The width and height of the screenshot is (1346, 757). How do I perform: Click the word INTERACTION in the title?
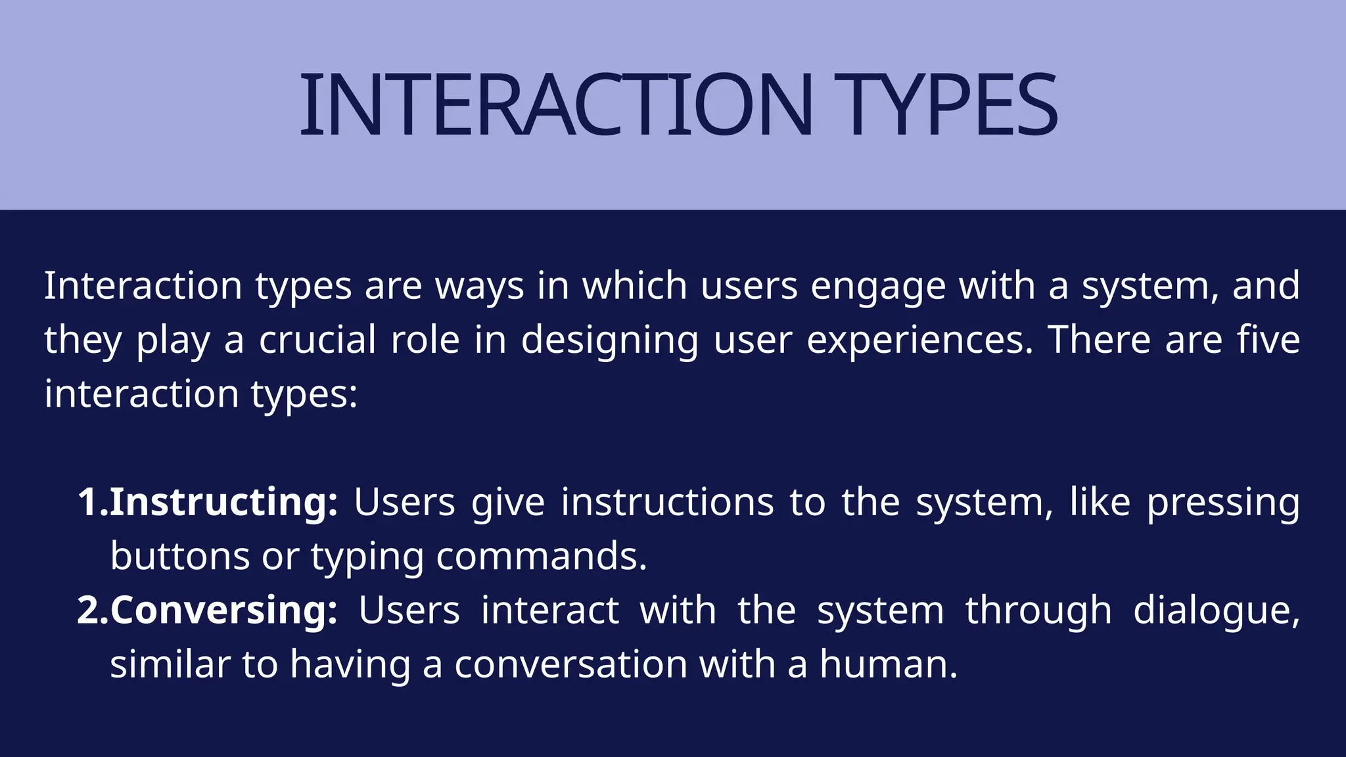555,105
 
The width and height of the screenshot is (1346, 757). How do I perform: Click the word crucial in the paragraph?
317,340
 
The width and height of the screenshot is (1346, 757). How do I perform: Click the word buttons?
179,557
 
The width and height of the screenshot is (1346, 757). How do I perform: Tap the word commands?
542,557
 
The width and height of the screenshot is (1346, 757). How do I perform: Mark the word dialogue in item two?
1217,611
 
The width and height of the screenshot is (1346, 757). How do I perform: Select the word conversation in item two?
570,664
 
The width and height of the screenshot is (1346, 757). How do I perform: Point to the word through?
1038,611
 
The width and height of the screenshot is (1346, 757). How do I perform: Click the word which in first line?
635,287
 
